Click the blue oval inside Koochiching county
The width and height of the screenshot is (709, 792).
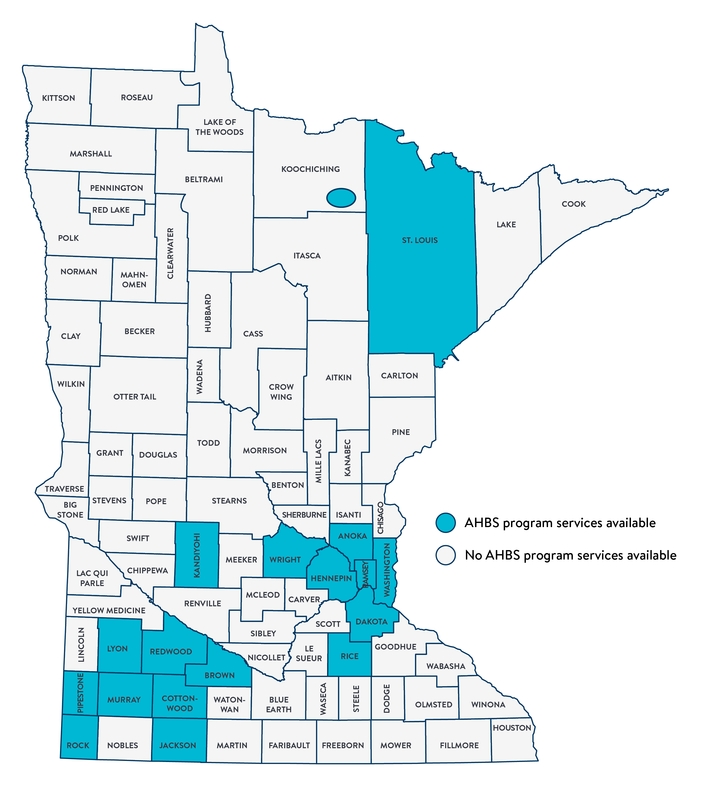pos(341,198)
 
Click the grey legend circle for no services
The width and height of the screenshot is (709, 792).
pos(446,555)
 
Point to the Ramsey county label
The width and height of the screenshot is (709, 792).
pos(365,574)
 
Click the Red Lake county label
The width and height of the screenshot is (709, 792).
pos(111,210)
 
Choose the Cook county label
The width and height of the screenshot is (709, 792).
pos(573,204)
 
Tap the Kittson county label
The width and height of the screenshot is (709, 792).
pos(58,98)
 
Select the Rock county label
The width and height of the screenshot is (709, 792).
pos(78,745)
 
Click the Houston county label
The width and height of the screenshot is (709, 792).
pos(512,728)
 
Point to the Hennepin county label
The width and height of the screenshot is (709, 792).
pos(331,578)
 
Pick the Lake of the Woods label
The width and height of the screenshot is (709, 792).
pos(219,127)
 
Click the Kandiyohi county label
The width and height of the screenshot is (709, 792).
pos(197,555)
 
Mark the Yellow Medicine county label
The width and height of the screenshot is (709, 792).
pos(109,610)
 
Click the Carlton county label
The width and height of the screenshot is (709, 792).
pos(399,376)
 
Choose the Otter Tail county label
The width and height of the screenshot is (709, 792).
pos(135,397)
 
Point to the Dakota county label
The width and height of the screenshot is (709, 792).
pos(371,621)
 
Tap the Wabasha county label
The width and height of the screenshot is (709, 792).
pos(446,666)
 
